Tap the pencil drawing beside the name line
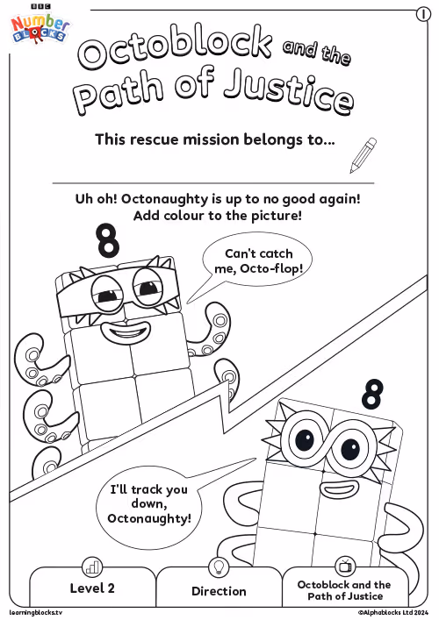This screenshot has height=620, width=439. coord(363,155)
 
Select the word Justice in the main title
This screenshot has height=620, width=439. coord(288,94)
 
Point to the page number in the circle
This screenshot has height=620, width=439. coord(423,15)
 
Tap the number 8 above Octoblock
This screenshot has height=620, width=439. coord(372,394)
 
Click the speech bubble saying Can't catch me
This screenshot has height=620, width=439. coord(257,261)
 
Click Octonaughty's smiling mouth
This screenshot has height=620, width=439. coord(126,333)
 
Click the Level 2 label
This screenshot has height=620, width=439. coord(92,588)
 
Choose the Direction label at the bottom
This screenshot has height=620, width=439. coord(219,591)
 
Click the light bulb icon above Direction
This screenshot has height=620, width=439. coord(219,567)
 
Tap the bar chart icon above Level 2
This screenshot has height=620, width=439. coord(92,567)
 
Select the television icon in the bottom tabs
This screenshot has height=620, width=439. coord(345,566)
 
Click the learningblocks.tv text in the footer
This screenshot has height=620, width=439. coord(36,613)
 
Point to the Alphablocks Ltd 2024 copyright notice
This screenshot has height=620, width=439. coord(393,613)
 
